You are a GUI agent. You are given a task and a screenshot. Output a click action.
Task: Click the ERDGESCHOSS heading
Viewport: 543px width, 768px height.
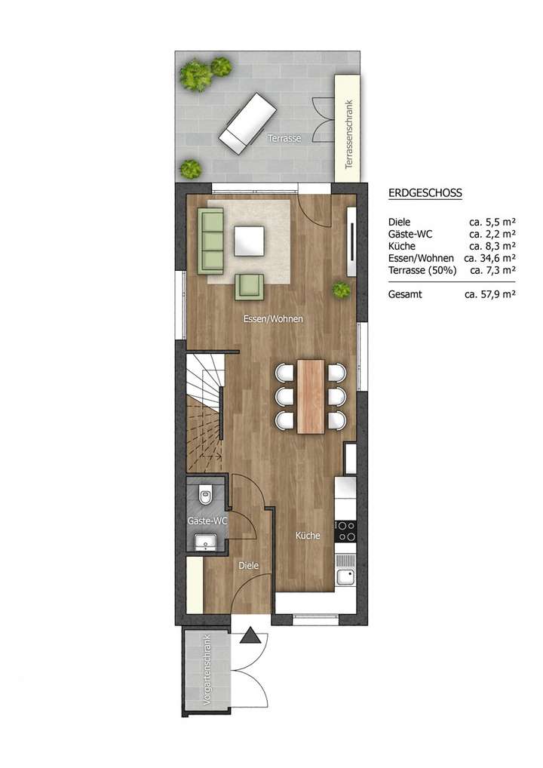[425, 193]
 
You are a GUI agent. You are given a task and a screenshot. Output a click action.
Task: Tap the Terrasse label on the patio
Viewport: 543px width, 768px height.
[284, 139]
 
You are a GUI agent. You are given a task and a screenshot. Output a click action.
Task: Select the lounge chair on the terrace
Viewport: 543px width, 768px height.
[247, 123]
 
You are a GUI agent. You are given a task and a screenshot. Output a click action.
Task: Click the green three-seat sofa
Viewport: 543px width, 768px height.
[211, 241]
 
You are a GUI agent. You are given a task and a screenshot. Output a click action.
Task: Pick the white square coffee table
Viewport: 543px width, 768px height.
[250, 241]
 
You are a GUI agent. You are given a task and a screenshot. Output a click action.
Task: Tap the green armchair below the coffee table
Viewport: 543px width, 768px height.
[250, 286]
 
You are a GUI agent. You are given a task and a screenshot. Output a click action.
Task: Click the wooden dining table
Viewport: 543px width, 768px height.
[311, 396]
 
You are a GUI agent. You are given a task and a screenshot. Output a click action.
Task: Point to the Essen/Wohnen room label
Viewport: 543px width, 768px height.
[273, 319]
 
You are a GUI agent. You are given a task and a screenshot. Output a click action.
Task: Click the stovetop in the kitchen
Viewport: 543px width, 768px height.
[346, 530]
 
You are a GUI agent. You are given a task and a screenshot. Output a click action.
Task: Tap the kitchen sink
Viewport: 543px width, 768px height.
[346, 577]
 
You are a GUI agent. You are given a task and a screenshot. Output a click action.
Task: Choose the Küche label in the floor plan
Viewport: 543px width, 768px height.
[308, 536]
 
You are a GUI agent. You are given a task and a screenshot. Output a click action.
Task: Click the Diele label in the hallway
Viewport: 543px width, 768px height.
[249, 565]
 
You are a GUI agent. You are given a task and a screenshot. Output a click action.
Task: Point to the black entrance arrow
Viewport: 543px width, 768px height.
[250, 637]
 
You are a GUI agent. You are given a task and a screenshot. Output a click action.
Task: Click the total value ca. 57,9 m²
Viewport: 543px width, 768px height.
[489, 295]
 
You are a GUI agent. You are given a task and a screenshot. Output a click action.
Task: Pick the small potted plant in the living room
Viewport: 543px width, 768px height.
[341, 289]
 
